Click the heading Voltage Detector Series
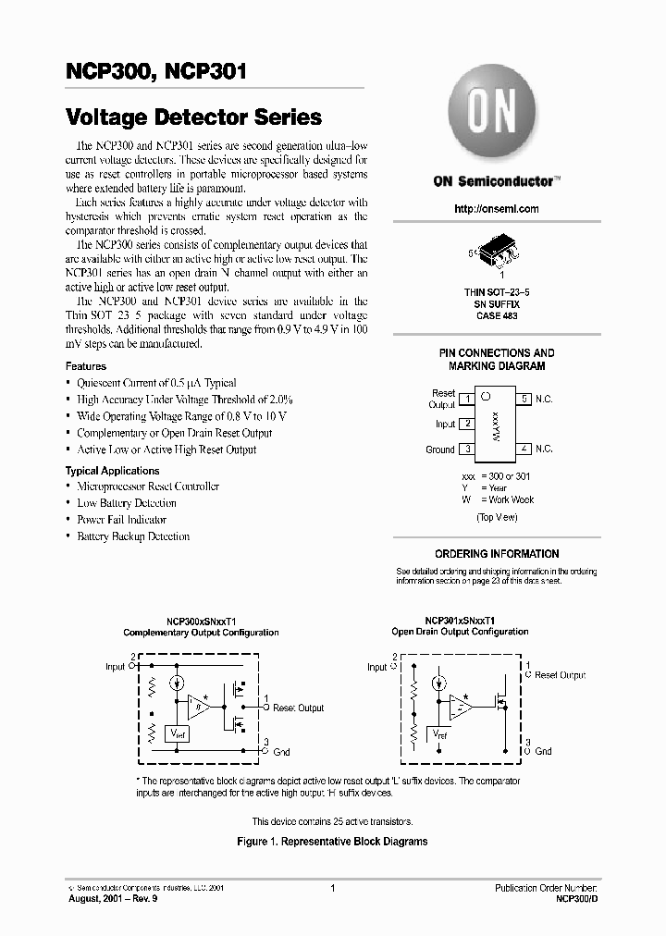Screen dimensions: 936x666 [x=194, y=117]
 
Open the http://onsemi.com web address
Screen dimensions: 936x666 [x=497, y=209]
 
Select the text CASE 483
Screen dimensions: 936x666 [x=497, y=316]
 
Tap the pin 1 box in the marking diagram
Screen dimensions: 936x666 [x=467, y=399]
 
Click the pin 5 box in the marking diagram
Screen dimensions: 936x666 [x=524, y=399]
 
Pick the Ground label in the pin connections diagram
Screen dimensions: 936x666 [x=439, y=450]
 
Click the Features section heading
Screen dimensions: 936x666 [x=86, y=366]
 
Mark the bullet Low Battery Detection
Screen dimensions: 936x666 [x=127, y=503]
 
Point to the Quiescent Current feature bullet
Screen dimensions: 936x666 [x=156, y=383]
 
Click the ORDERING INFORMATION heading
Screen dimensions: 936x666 [x=497, y=554]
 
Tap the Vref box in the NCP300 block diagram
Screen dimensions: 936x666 [x=176, y=733]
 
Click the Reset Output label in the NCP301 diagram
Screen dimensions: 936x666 [x=560, y=675]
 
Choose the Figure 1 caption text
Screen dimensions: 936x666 [x=332, y=843]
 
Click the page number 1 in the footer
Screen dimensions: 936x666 [x=332, y=888]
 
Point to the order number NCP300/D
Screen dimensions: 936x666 [x=574, y=898]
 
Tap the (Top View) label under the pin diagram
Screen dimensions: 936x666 [x=497, y=517]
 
